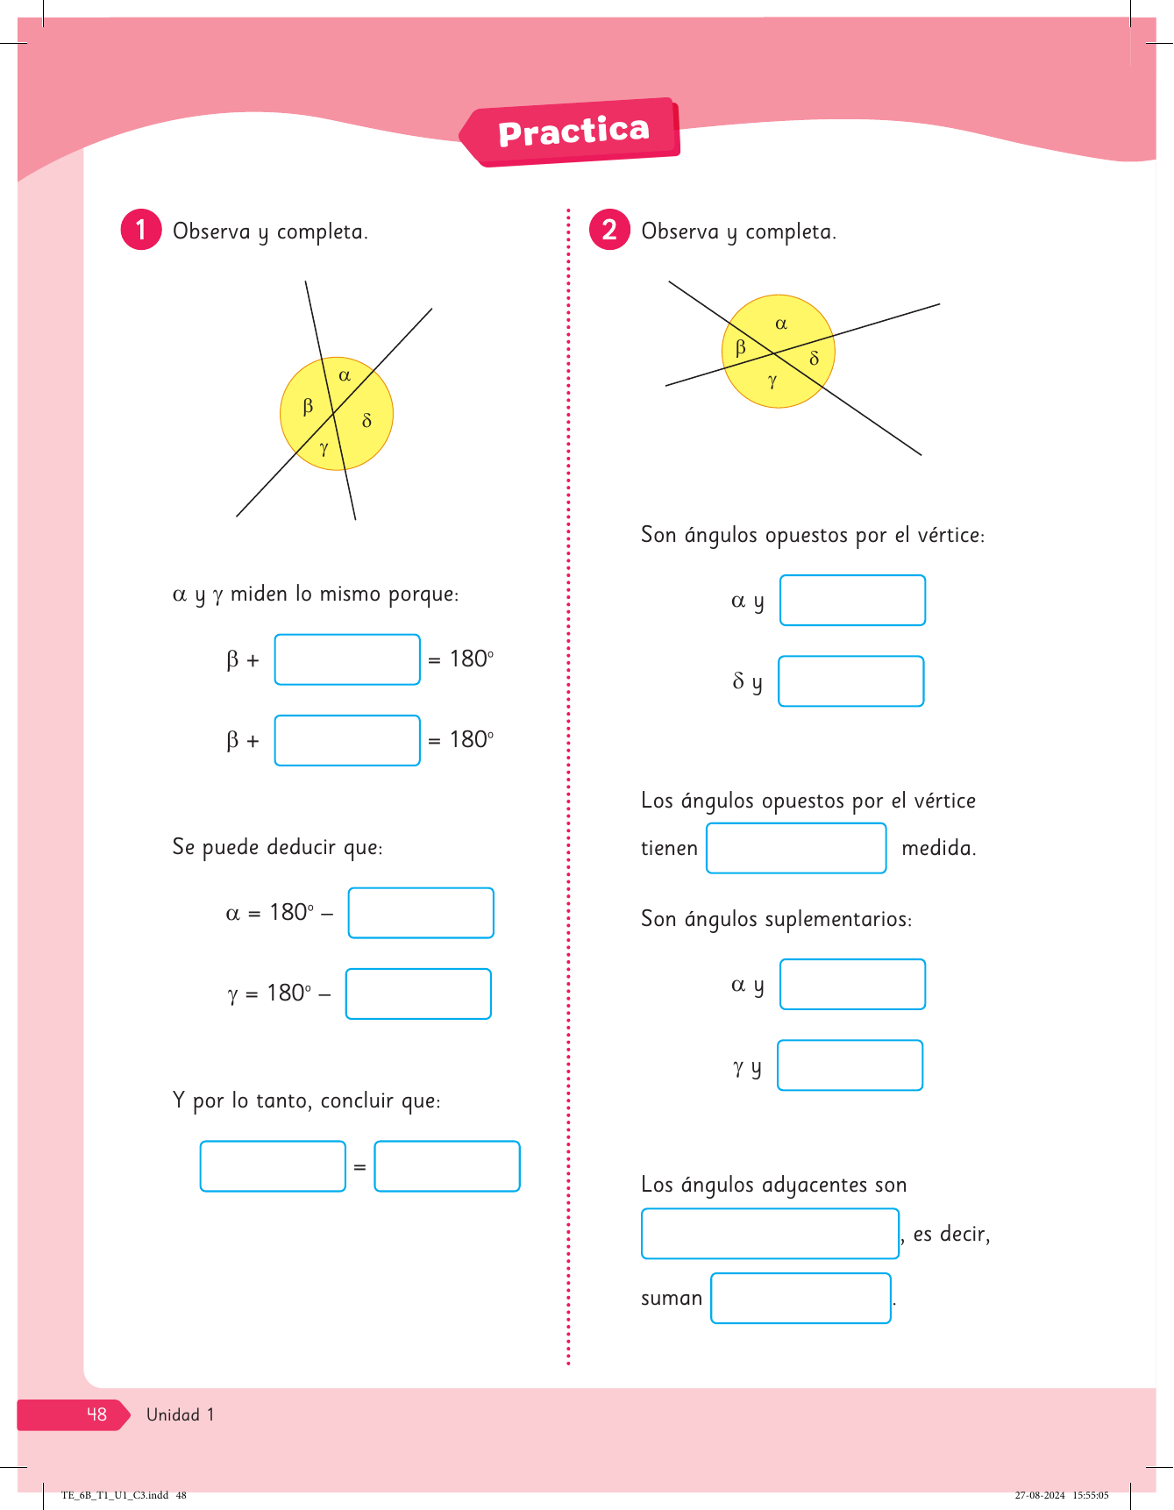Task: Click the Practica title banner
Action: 573,132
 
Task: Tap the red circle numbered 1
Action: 140,230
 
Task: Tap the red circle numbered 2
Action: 609,230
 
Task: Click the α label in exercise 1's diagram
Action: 345,375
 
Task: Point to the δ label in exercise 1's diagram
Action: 366,421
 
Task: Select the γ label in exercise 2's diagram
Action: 772,381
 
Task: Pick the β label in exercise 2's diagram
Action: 741,347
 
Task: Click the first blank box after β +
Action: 347,659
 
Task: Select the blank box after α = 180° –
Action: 421,913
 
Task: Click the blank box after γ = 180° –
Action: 418,994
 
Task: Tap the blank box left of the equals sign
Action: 273,1166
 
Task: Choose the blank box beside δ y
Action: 851,681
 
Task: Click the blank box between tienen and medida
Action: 796,848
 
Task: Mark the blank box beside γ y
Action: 850,1065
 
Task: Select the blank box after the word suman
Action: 800,1298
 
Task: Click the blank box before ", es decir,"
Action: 770,1234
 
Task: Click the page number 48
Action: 96,1414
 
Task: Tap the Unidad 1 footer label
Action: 180,1414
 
